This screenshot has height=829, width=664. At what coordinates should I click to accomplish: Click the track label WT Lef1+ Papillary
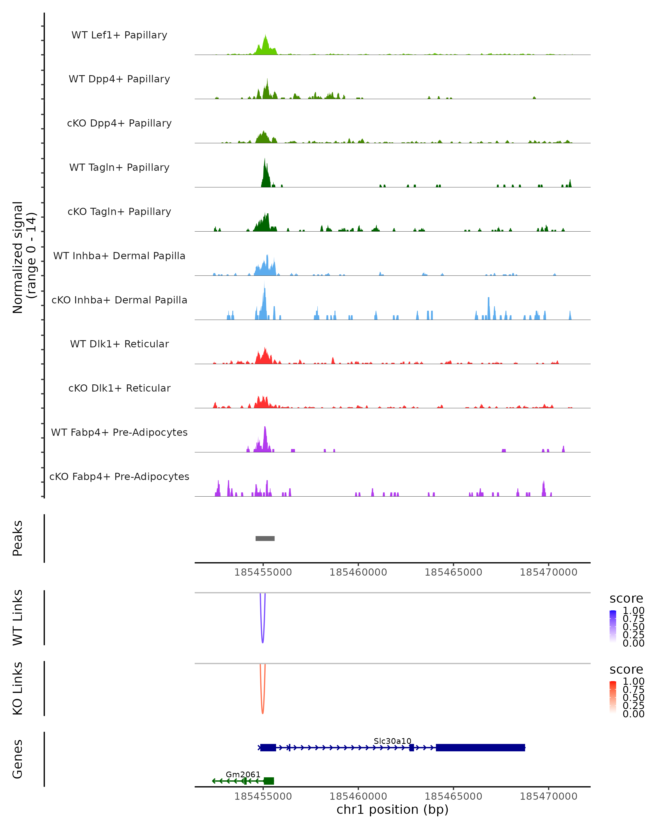pos(119,35)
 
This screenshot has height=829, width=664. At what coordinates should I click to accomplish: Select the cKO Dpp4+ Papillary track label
pos(119,124)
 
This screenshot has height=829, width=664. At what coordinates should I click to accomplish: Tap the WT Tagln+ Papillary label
pos(119,168)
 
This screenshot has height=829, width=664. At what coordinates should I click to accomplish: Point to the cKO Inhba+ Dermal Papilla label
pos(119,300)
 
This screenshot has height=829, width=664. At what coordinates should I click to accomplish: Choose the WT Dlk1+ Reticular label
pos(119,344)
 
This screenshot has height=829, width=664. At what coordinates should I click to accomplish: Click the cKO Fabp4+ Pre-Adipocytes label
pos(119,477)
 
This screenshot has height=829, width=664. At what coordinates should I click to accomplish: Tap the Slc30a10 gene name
pos(392,741)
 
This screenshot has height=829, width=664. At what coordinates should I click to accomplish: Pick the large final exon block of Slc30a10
pos(480,747)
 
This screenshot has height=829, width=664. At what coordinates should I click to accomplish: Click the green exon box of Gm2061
pos(269,781)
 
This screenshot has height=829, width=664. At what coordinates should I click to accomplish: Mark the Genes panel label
pos(18,759)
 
